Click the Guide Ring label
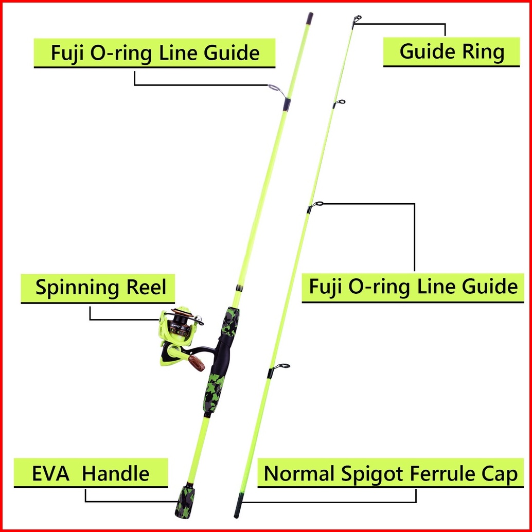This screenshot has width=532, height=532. pyautogui.click(x=452, y=51)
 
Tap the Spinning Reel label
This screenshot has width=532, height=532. pyautogui.click(x=101, y=287)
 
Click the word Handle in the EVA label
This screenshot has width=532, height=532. pyautogui.click(x=116, y=473)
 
